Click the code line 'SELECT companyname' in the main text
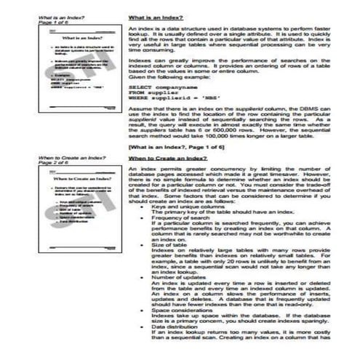160,105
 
